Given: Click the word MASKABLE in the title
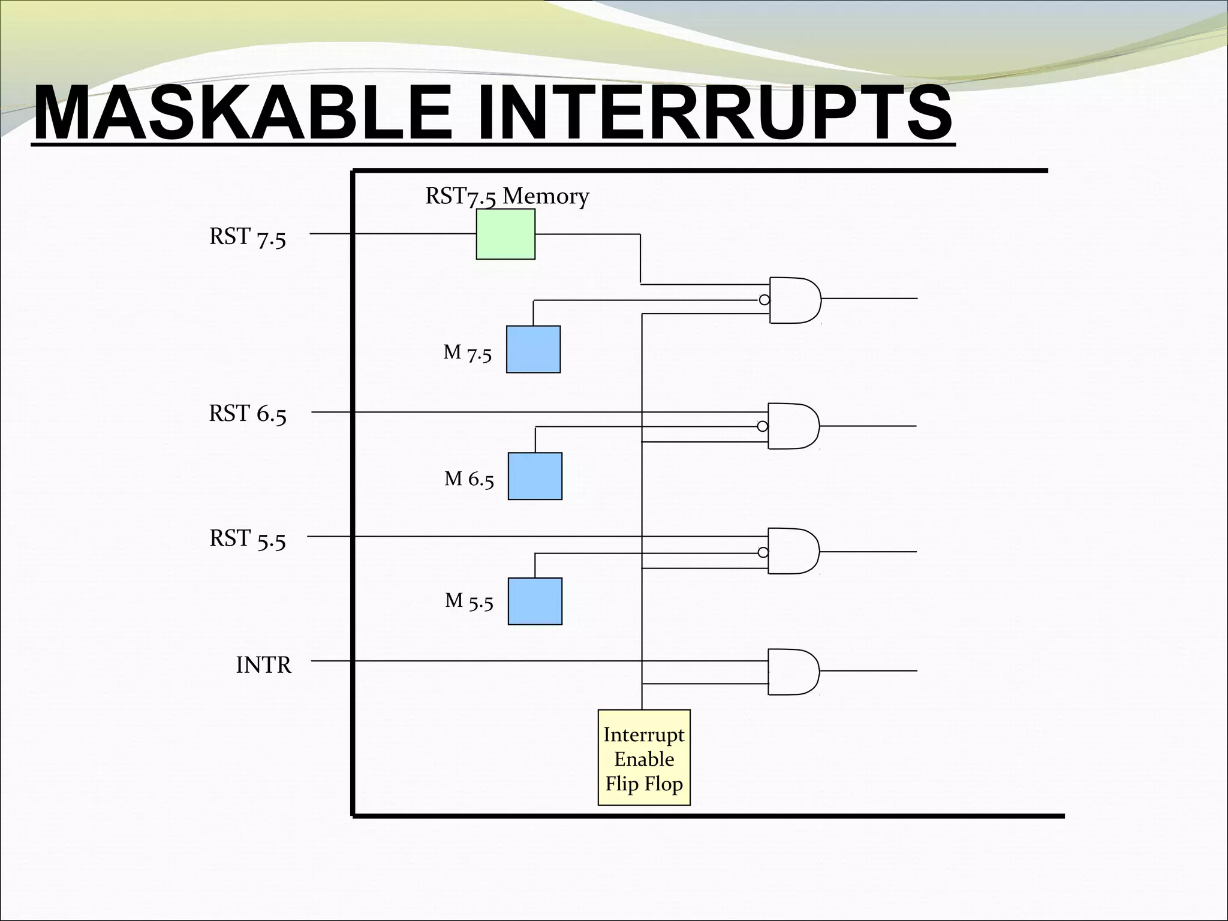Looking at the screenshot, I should click(x=243, y=113).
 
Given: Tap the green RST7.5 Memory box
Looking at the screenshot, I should click(x=505, y=234).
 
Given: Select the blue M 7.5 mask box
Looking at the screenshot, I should click(x=533, y=350).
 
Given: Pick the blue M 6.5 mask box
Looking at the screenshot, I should click(x=535, y=476).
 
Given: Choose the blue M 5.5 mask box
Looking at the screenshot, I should click(x=535, y=601).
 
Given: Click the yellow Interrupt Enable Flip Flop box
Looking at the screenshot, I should click(x=644, y=757).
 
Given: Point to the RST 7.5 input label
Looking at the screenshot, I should click(x=248, y=237).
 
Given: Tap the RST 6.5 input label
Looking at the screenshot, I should click(x=248, y=414).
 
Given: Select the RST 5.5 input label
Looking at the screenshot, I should click(x=248, y=539).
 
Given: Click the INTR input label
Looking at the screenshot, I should click(x=263, y=666).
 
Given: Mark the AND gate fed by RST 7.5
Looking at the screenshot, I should click(x=795, y=300).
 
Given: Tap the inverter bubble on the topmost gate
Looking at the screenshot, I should click(x=764, y=300).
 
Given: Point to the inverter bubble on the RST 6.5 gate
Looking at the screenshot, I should click(x=762, y=426).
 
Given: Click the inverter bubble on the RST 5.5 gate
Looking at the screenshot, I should click(x=763, y=552).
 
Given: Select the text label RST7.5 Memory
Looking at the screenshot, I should click(x=507, y=196).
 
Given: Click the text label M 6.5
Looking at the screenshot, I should click(x=469, y=479).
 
